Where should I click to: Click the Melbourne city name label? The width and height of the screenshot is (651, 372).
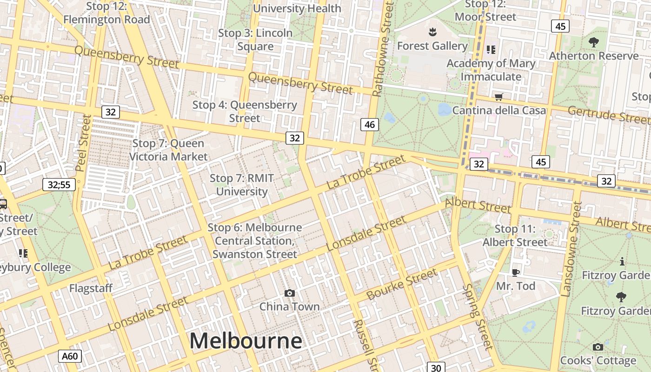tap(246, 341)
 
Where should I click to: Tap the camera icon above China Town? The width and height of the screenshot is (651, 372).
tap(290, 293)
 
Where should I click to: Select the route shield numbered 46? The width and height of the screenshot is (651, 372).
tap(370, 125)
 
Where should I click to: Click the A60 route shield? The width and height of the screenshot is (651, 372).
tap(70, 356)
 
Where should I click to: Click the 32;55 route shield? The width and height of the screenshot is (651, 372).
tap(59, 185)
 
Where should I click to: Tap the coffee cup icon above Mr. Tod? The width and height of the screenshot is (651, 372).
tap(515, 272)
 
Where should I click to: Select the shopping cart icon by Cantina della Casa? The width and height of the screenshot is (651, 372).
tap(499, 97)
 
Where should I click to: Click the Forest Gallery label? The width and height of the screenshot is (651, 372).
tap(432, 46)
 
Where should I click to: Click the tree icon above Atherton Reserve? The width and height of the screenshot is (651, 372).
tap(593, 42)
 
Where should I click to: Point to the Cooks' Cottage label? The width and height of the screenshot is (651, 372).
tap(598, 360)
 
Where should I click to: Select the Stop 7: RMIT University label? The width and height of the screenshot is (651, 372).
tap(242, 185)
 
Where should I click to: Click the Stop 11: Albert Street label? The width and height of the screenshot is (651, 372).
tap(515, 235)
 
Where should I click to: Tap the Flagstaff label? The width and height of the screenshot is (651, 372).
tap(91, 288)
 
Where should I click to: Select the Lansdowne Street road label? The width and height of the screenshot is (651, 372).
tap(571, 249)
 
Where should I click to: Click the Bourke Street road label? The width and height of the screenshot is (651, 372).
tap(401, 284)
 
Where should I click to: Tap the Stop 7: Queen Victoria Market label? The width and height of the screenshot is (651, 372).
tap(168, 150)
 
